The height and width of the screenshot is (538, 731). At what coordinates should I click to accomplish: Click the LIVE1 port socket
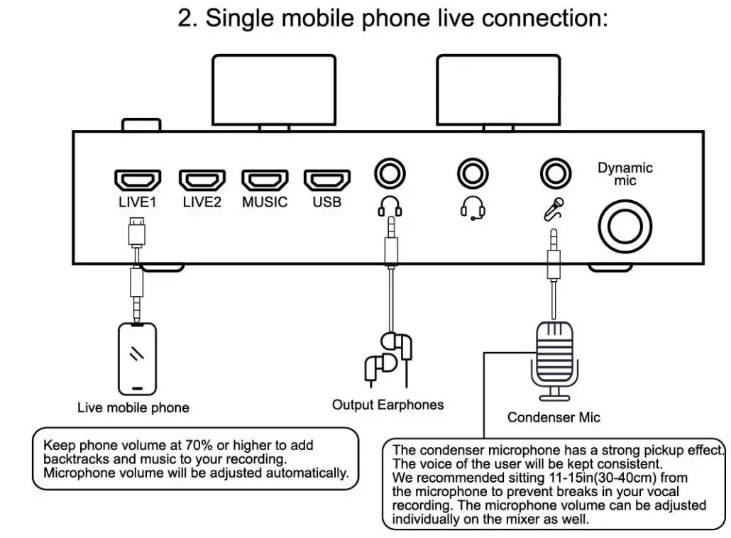pyautogui.click(x=138, y=180)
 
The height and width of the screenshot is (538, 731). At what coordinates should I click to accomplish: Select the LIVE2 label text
pyautogui.click(x=202, y=202)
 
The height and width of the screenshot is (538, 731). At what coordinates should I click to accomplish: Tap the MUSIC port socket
pyautogui.click(x=265, y=180)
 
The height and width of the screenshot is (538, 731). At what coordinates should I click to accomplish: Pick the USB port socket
pyautogui.click(x=327, y=180)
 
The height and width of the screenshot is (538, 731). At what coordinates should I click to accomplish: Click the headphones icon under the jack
pyautogui.click(x=389, y=207)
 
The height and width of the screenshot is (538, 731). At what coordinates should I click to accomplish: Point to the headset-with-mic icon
pyautogui.click(x=473, y=207)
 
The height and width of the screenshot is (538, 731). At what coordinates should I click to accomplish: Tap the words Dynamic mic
pyautogui.click(x=625, y=175)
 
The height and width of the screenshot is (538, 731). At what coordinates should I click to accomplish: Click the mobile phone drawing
pyautogui.click(x=137, y=358)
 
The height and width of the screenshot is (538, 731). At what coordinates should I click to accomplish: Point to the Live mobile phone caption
pyautogui.click(x=133, y=408)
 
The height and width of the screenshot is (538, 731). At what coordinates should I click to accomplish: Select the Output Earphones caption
pyautogui.click(x=388, y=405)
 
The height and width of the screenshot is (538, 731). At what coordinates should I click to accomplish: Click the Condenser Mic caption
pyautogui.click(x=554, y=417)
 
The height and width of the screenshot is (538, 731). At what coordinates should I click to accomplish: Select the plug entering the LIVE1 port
pyautogui.click(x=137, y=230)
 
